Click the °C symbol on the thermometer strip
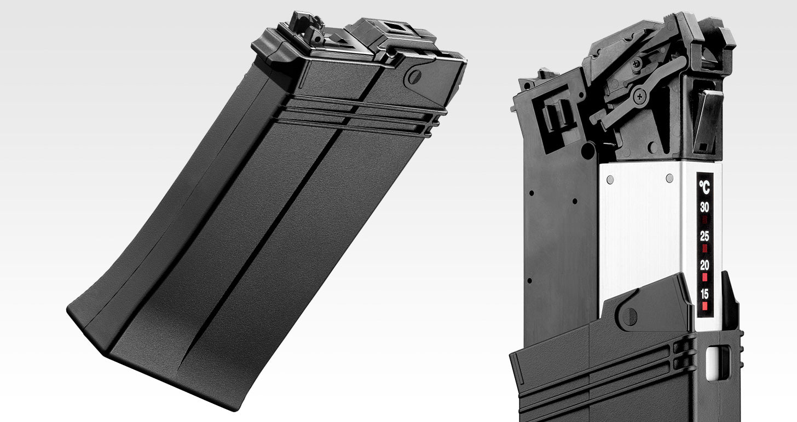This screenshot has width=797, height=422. point(704,187)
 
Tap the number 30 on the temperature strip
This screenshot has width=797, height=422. point(704,207)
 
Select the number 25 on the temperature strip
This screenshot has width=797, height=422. point(704,236)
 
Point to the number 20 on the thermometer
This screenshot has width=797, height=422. point(704,265)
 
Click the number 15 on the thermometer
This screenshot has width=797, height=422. point(704,294)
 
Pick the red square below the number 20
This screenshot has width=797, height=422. point(704,277)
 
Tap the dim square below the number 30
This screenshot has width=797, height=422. point(704,220)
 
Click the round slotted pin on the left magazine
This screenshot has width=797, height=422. point(414,77)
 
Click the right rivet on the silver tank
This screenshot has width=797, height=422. point(669,178)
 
